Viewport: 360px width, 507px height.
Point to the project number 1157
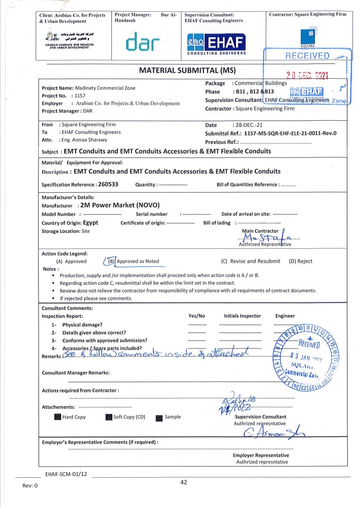pyautogui.click(x=80, y=95)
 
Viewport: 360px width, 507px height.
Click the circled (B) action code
pyautogui.click(x=111, y=261)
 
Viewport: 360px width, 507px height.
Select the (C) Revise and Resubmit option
pyautogui.click(x=250, y=261)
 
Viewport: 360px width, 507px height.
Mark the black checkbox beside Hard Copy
pyautogui.click(x=57, y=417)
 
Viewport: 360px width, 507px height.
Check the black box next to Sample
pyautogui.click(x=159, y=417)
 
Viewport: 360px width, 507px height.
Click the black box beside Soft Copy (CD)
pyautogui.click(x=109, y=417)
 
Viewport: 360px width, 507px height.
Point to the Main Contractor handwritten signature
pyautogui.click(x=270, y=237)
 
